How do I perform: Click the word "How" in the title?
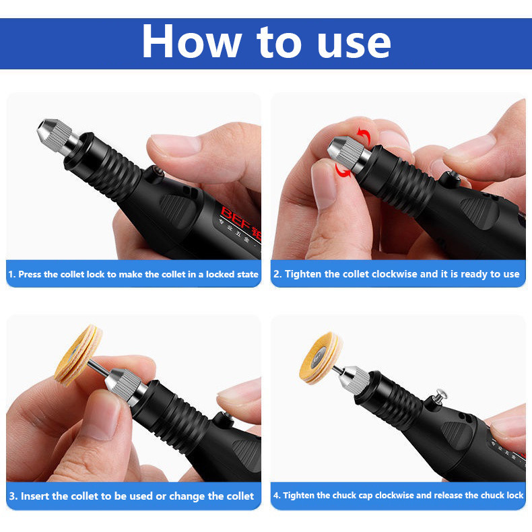[192, 41]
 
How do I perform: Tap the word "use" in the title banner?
[353, 44]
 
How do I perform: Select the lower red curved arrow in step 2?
[342, 170]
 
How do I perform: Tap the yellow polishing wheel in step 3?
[78, 354]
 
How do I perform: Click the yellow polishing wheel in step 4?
[321, 358]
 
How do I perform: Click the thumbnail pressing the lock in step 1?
[174, 145]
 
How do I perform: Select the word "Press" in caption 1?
[30, 274]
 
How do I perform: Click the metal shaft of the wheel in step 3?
[98, 368]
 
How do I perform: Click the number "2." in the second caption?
[277, 274]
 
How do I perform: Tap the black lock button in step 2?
[449, 179]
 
